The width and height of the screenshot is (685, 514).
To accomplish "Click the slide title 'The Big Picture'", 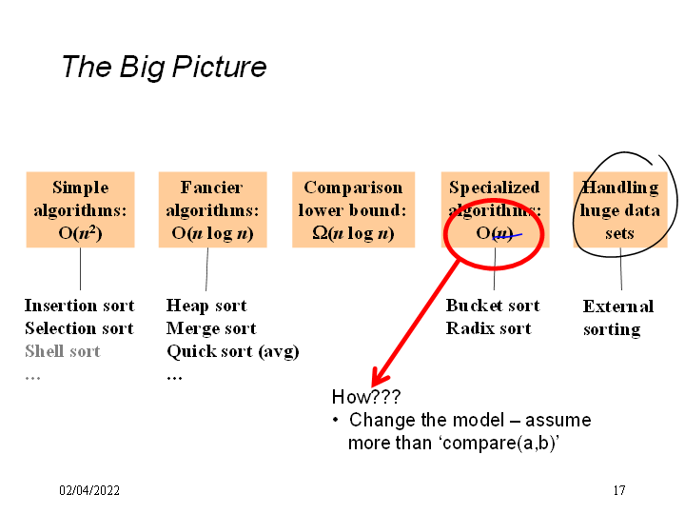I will point(164,67).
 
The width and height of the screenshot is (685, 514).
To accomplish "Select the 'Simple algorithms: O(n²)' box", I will point(80,209).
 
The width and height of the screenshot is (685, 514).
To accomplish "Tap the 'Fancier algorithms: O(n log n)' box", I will point(211,209).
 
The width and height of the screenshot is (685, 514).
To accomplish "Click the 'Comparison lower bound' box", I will point(353,209).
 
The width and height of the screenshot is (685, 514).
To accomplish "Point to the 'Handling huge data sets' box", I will point(620,209).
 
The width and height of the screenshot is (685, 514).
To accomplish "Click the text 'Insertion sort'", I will point(79,306).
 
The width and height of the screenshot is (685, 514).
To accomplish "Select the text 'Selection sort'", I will point(79,328).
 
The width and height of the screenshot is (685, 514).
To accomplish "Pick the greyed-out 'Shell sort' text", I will point(62,351).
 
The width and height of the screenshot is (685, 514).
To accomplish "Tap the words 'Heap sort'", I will point(206,306).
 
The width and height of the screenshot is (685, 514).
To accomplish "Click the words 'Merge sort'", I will point(211,328).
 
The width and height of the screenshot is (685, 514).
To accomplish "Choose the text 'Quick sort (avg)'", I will point(233,351).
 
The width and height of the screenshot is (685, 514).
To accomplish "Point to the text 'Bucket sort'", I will point(493,306).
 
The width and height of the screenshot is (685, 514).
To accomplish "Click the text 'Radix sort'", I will point(488,328).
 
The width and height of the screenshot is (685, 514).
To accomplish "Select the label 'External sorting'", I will point(617,318).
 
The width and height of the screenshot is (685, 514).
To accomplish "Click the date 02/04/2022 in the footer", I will point(89,490).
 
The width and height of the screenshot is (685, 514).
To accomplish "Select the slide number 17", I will point(618,490).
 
